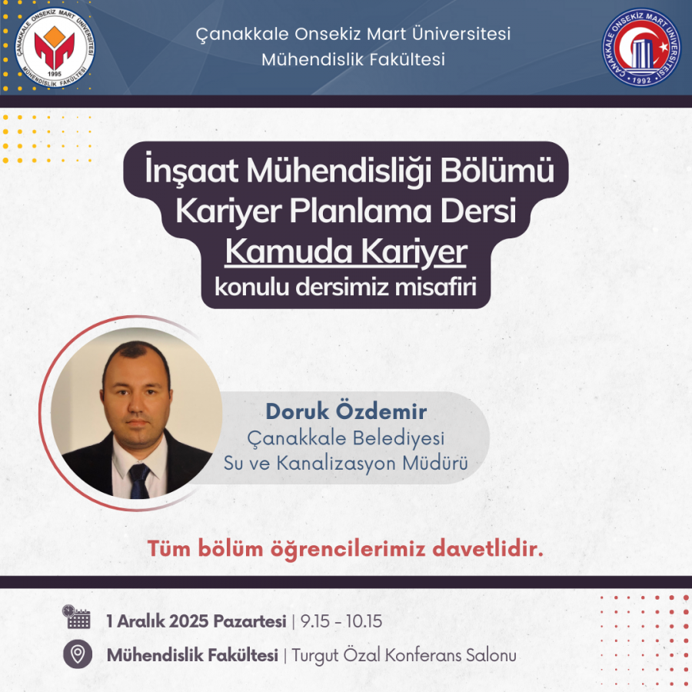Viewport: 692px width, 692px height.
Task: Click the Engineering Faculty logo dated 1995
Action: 55,48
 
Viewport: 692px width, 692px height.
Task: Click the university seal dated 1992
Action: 641,47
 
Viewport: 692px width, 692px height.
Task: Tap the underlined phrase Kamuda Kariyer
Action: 345,252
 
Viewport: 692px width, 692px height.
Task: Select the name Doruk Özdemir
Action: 346,411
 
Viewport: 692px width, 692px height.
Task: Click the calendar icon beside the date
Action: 76,617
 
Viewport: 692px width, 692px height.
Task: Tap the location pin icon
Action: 78,654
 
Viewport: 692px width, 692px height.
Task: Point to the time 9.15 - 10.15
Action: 341,621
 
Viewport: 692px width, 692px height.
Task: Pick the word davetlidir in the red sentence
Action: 487,549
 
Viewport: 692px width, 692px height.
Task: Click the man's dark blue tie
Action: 139,481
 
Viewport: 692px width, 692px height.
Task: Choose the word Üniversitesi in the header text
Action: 461,34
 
